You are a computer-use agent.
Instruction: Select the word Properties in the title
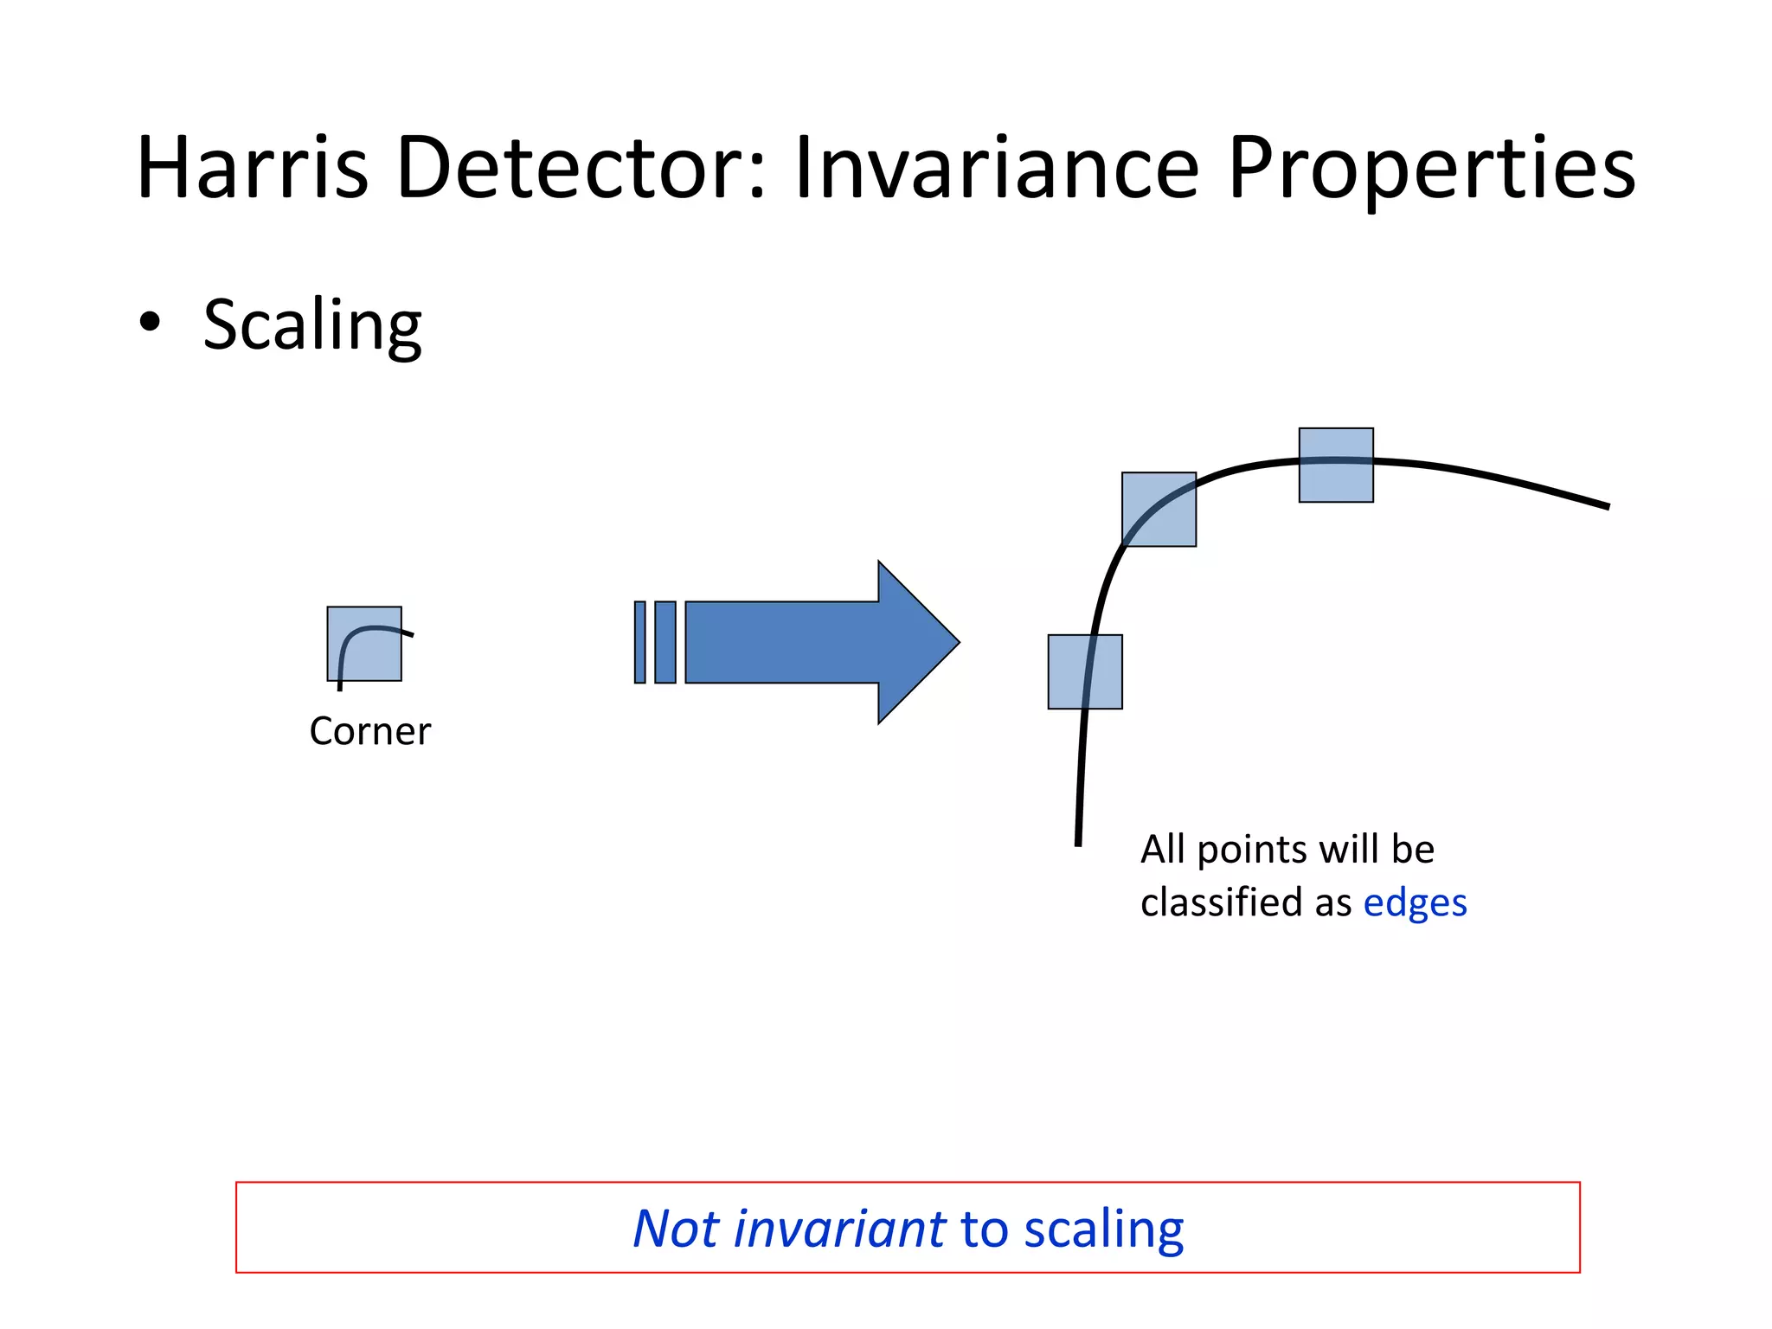(1431, 168)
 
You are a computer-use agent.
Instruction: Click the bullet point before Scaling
(150, 322)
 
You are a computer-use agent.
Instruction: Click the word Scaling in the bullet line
(312, 324)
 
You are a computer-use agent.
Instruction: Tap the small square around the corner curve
(363, 644)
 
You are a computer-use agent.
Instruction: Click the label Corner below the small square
(369, 732)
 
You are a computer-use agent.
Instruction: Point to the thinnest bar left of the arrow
(640, 642)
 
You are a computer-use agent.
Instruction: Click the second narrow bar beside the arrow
(664, 642)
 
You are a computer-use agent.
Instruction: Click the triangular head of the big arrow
(917, 642)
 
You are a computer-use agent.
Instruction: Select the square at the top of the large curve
(1336, 465)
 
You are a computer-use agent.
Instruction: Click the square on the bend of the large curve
(1159, 509)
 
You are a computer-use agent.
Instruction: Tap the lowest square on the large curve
(1085, 671)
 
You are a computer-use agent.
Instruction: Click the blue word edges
(1415, 902)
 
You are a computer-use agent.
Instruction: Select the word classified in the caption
(1223, 902)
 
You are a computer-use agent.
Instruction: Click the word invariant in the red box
(839, 1229)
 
